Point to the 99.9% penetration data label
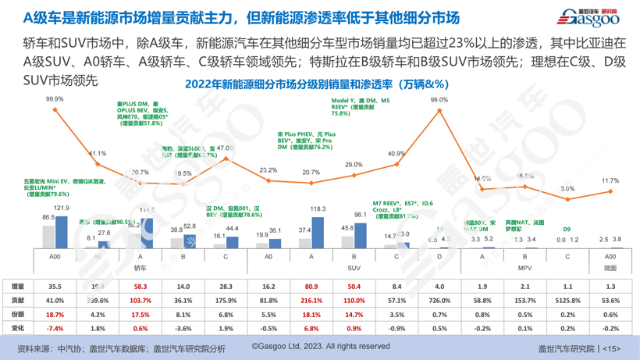point(55,99)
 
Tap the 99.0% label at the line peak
point(439,100)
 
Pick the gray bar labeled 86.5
point(48,237)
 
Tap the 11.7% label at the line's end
point(610,180)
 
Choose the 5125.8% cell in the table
point(567,300)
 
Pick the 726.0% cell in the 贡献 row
point(439,300)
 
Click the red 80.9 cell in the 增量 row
point(311,287)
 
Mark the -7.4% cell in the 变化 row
point(55,329)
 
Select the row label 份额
point(17,314)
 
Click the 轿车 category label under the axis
point(140,267)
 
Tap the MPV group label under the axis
point(524,267)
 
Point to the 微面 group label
point(610,267)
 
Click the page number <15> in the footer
point(611,348)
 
